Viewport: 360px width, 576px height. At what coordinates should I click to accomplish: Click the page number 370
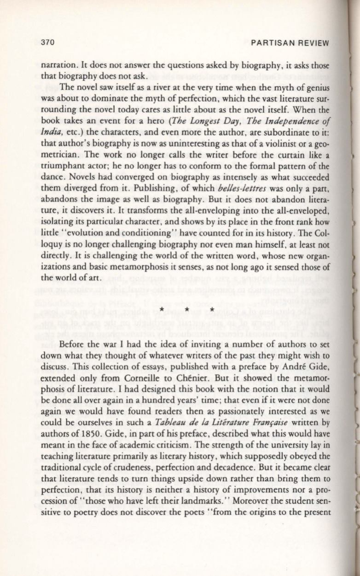pyautogui.click(x=48, y=43)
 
